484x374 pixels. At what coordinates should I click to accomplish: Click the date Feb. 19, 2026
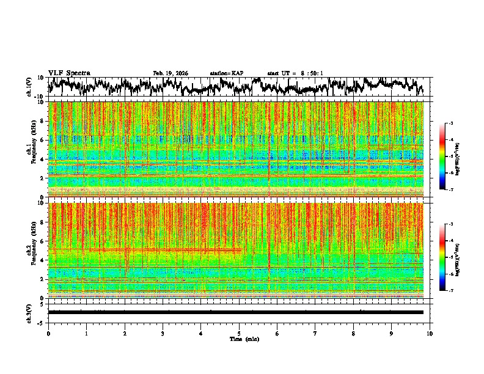(170, 73)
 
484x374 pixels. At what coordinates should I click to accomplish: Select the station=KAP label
(226, 73)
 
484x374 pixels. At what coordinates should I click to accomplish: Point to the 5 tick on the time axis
(239, 333)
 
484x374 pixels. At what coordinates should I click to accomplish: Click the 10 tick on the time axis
(430, 333)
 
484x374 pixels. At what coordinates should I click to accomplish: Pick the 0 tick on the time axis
(48, 333)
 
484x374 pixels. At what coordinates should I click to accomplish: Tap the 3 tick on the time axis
(163, 333)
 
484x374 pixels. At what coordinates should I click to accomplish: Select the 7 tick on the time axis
(315, 333)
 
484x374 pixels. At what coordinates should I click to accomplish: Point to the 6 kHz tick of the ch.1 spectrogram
(42, 141)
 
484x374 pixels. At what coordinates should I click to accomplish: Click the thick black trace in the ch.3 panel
(235, 312)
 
